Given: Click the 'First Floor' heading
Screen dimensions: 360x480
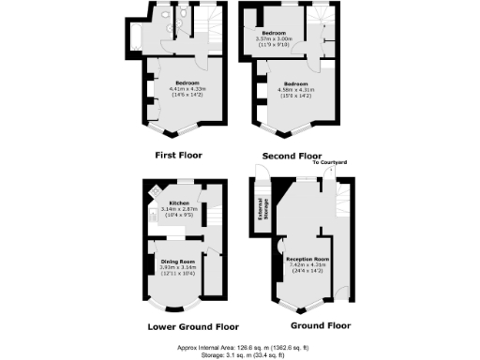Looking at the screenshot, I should [x=178, y=155].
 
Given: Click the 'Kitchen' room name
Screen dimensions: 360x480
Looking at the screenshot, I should [x=180, y=202].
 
